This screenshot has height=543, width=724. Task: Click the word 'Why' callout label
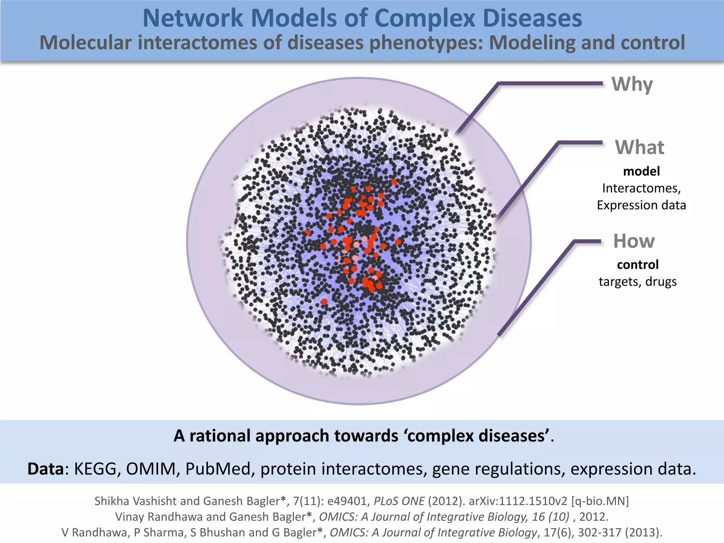click(x=632, y=85)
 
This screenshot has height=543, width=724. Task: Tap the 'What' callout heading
click(x=640, y=147)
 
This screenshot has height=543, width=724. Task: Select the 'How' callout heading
click(x=634, y=241)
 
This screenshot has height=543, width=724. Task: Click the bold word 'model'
click(x=641, y=171)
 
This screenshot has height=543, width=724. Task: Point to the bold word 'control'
click(x=638, y=265)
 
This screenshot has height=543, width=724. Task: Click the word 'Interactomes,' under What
click(x=641, y=188)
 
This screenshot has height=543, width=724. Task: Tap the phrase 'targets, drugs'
click(x=638, y=282)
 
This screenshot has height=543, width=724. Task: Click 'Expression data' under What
click(x=641, y=205)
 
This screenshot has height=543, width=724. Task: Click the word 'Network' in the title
click(x=193, y=18)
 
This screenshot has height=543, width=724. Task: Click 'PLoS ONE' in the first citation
click(x=399, y=501)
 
